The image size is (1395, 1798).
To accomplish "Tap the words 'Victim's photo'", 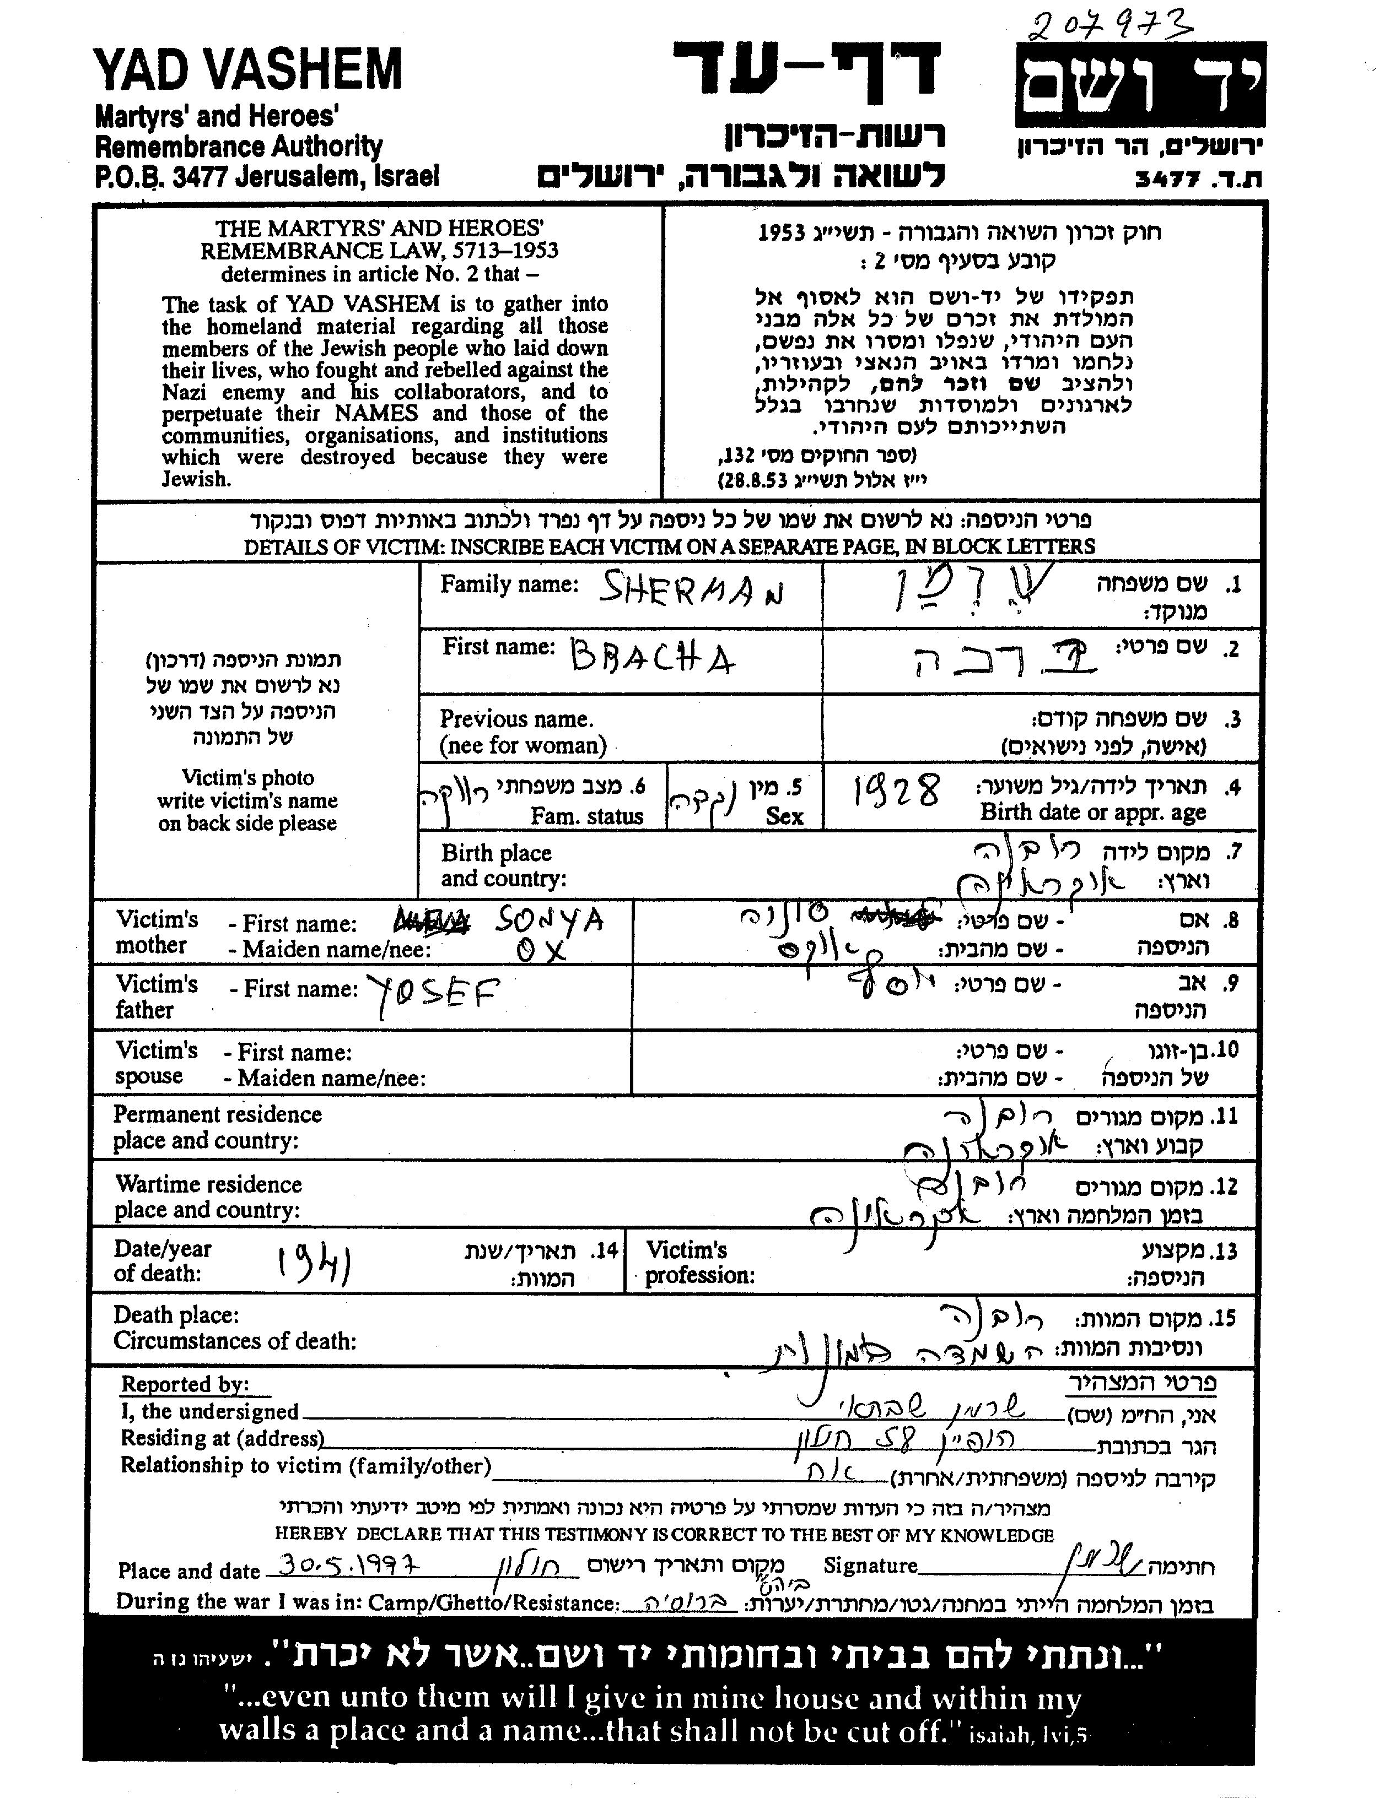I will (248, 778).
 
